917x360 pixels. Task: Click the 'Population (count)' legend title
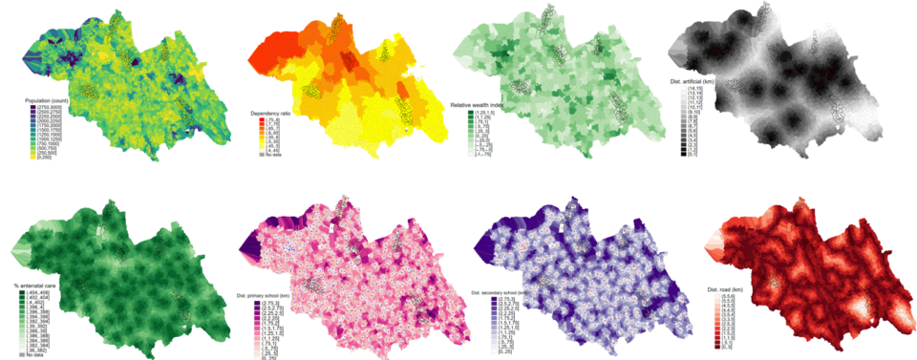50,98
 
